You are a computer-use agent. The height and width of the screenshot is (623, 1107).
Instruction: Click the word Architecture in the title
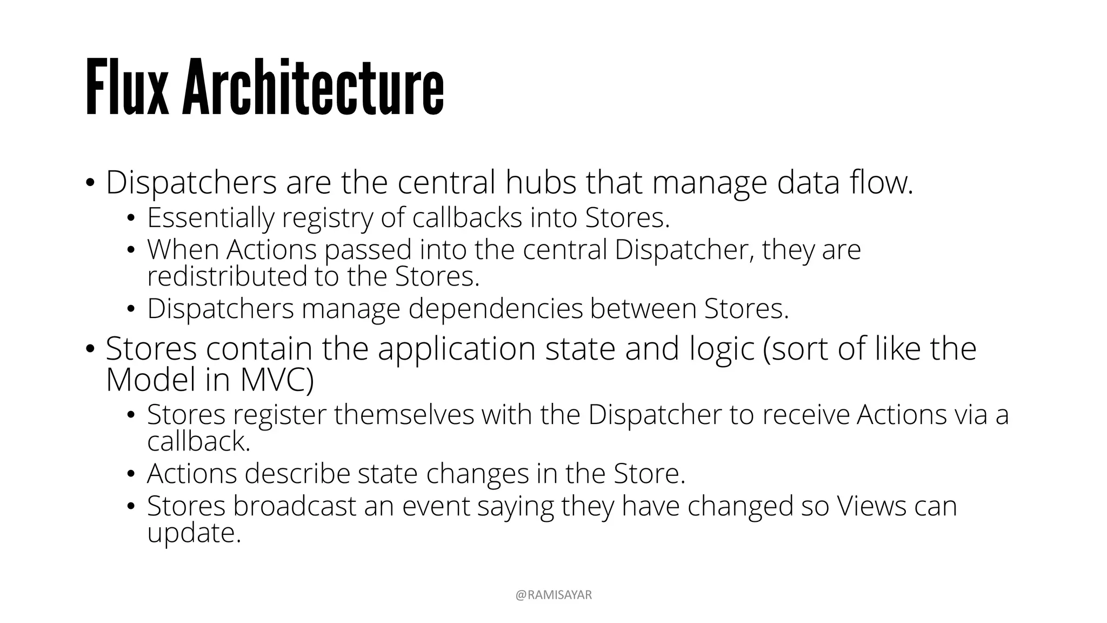[x=313, y=87]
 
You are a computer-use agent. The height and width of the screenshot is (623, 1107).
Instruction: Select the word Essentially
[x=210, y=218]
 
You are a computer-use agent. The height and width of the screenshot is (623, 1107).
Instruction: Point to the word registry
[x=328, y=218]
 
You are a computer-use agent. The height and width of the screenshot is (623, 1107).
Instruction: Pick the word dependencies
[x=496, y=309]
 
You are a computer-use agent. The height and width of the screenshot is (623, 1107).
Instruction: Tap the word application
[x=456, y=348]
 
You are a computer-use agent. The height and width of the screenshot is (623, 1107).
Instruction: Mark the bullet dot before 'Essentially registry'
[x=130, y=219]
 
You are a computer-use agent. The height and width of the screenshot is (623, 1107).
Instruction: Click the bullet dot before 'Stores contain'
[x=89, y=349]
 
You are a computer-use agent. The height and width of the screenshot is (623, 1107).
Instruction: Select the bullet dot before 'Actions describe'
[x=130, y=474]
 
